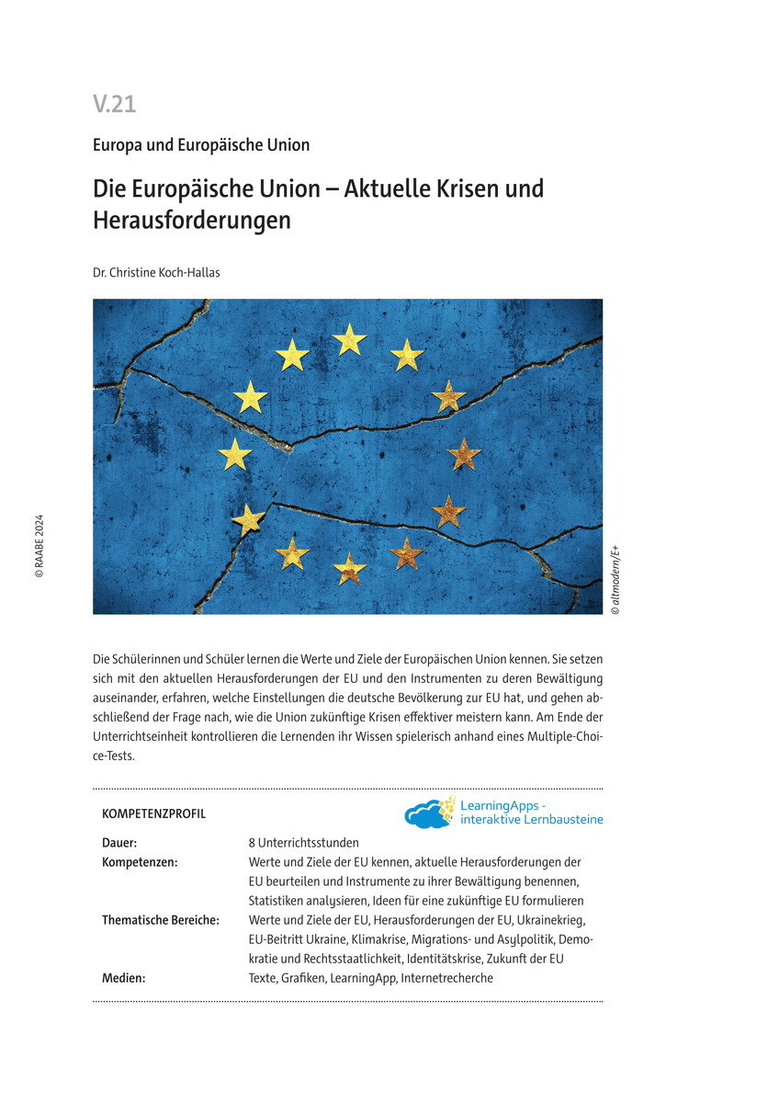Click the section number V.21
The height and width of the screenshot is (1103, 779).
pyautogui.click(x=114, y=105)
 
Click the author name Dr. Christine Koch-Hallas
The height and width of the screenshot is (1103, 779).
pyautogui.click(x=158, y=272)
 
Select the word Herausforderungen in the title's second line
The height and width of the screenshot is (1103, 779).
pyautogui.click(x=192, y=221)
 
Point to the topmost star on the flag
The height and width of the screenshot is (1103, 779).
pyautogui.click(x=349, y=339)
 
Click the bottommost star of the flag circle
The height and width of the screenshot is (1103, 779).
pyautogui.click(x=349, y=568)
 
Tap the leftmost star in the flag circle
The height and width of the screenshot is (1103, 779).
pyautogui.click(x=235, y=453)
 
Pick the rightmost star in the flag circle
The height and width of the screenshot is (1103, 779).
pyautogui.click(x=464, y=453)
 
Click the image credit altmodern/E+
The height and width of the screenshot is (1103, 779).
pyautogui.click(x=615, y=580)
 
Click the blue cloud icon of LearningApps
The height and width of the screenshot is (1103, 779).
pyautogui.click(x=427, y=814)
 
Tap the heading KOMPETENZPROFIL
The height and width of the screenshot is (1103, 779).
pyautogui.click(x=153, y=814)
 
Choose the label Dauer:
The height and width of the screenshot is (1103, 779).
pyautogui.click(x=119, y=843)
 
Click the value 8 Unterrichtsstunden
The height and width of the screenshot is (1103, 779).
pyautogui.click(x=303, y=843)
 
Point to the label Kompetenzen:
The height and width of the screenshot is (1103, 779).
pyautogui.click(x=140, y=862)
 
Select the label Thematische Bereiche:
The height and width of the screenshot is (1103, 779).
pyautogui.click(x=161, y=920)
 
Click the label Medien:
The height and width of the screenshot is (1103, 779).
pyautogui.click(x=124, y=978)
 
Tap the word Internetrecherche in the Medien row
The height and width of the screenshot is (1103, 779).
pyautogui.click(x=447, y=978)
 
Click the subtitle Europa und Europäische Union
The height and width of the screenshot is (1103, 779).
pyautogui.click(x=201, y=145)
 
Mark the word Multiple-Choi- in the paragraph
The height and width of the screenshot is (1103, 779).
pyautogui.click(x=562, y=738)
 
